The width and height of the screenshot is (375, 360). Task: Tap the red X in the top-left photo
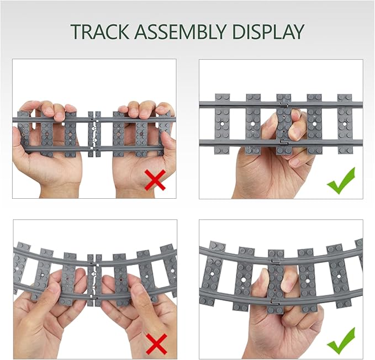[155, 179]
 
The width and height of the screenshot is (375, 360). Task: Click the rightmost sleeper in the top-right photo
[345, 123]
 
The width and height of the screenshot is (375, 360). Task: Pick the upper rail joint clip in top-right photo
[283, 103]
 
